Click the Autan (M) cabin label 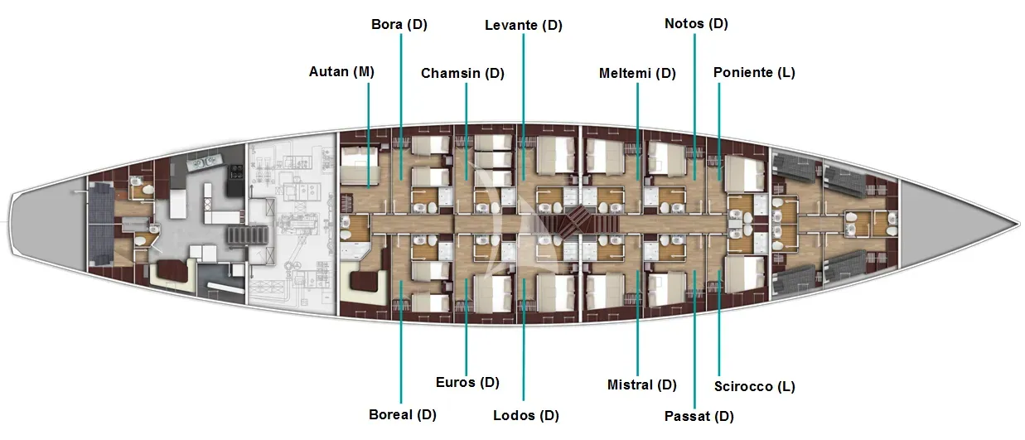pos(341,72)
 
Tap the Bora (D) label pos(399,24)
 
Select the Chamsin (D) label pos(462,73)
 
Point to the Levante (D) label pos(524,25)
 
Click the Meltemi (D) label pos(637,73)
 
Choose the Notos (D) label pos(696,24)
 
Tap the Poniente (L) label pos(754,72)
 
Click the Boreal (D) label pos(402,415)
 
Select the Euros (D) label pos(467,382)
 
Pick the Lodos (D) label pos(526,416)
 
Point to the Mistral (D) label pos(641,385)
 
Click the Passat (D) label pos(699,417)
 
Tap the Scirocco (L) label pos(755,387)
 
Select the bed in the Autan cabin pos(360,165)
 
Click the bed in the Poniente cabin pos(745,174)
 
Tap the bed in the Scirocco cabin pos(745,274)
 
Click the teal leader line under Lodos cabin pos(524,340)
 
